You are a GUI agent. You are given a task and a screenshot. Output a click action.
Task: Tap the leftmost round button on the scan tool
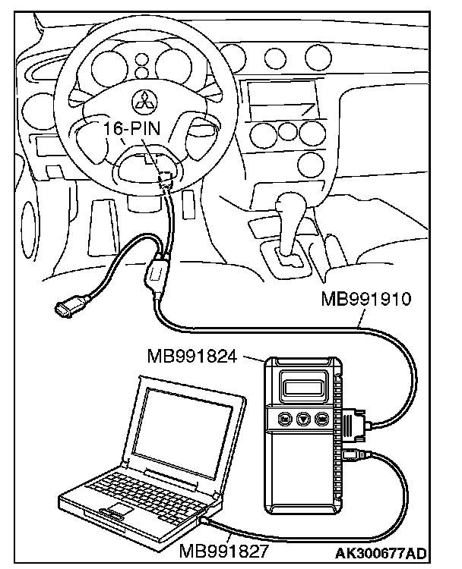point(283,417)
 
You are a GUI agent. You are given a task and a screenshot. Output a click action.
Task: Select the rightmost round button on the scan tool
point(322,417)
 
